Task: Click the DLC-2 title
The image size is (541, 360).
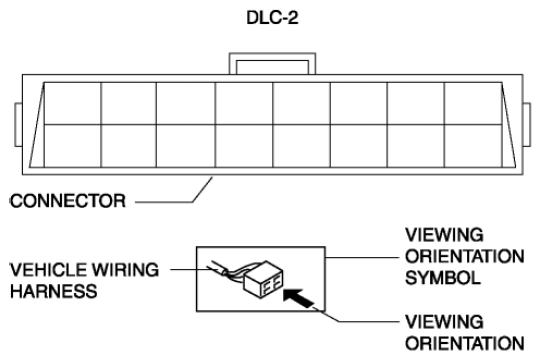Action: click(x=272, y=18)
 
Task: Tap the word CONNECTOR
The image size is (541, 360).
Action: click(x=68, y=201)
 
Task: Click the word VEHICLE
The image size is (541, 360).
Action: click(x=48, y=270)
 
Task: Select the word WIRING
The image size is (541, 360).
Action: click(x=126, y=270)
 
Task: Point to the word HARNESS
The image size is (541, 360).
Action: click(x=54, y=291)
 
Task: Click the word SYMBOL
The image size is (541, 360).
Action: click(x=443, y=278)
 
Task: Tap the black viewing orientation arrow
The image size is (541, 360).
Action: click(x=298, y=298)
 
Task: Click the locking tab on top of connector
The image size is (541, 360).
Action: click(x=272, y=64)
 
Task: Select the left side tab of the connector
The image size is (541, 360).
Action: click(x=18, y=125)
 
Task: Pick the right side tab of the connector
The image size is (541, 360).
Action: click(x=527, y=125)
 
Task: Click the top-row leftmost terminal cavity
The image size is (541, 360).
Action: click(x=72, y=104)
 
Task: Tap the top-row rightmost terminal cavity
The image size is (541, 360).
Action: click(x=473, y=104)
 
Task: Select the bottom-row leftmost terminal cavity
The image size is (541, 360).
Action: click(x=72, y=146)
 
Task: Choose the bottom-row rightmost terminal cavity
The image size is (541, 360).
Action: click(x=473, y=146)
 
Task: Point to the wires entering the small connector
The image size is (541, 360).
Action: click(x=228, y=270)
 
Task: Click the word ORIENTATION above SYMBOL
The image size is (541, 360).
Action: click(x=465, y=256)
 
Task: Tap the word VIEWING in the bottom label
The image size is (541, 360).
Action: click(x=444, y=322)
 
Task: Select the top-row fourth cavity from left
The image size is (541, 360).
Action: click(x=244, y=104)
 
